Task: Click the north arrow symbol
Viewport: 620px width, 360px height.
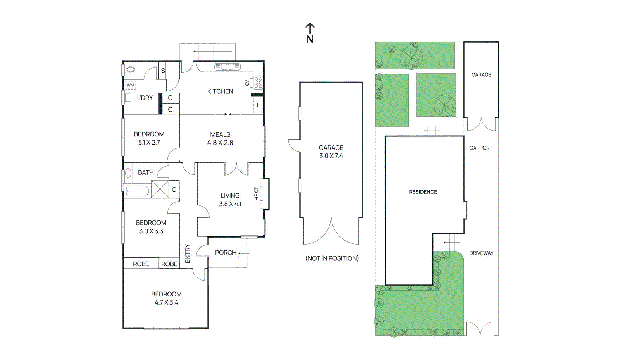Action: pos(310,33)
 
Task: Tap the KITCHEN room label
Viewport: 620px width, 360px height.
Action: pos(220,91)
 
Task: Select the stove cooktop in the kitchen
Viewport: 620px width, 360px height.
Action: pos(258,83)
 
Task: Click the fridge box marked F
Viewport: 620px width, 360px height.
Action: pos(258,105)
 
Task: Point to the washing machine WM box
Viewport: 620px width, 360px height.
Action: pos(131,85)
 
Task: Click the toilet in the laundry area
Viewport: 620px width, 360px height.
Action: pos(130,70)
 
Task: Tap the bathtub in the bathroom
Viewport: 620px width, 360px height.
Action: pos(138,191)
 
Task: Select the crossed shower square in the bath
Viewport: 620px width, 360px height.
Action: pos(160,189)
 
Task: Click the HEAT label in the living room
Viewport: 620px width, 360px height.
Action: pos(256,194)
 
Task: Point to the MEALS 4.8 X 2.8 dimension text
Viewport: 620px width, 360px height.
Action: pos(220,143)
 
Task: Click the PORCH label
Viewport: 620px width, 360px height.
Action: pos(226,253)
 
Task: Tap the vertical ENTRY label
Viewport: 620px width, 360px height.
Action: pos(188,253)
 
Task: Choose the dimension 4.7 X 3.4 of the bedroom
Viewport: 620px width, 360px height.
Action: pos(167,303)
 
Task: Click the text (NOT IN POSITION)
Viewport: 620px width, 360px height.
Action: pos(332,258)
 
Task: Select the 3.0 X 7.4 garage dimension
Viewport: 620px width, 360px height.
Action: pos(331,156)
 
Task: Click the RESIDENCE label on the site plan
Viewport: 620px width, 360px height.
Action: pos(423,192)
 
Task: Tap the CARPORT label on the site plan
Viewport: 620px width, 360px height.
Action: pos(480,148)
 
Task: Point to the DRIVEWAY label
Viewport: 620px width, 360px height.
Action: pos(481,253)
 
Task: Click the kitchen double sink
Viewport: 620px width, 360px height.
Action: pos(227,67)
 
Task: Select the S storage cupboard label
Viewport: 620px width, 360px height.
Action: pos(163,71)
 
